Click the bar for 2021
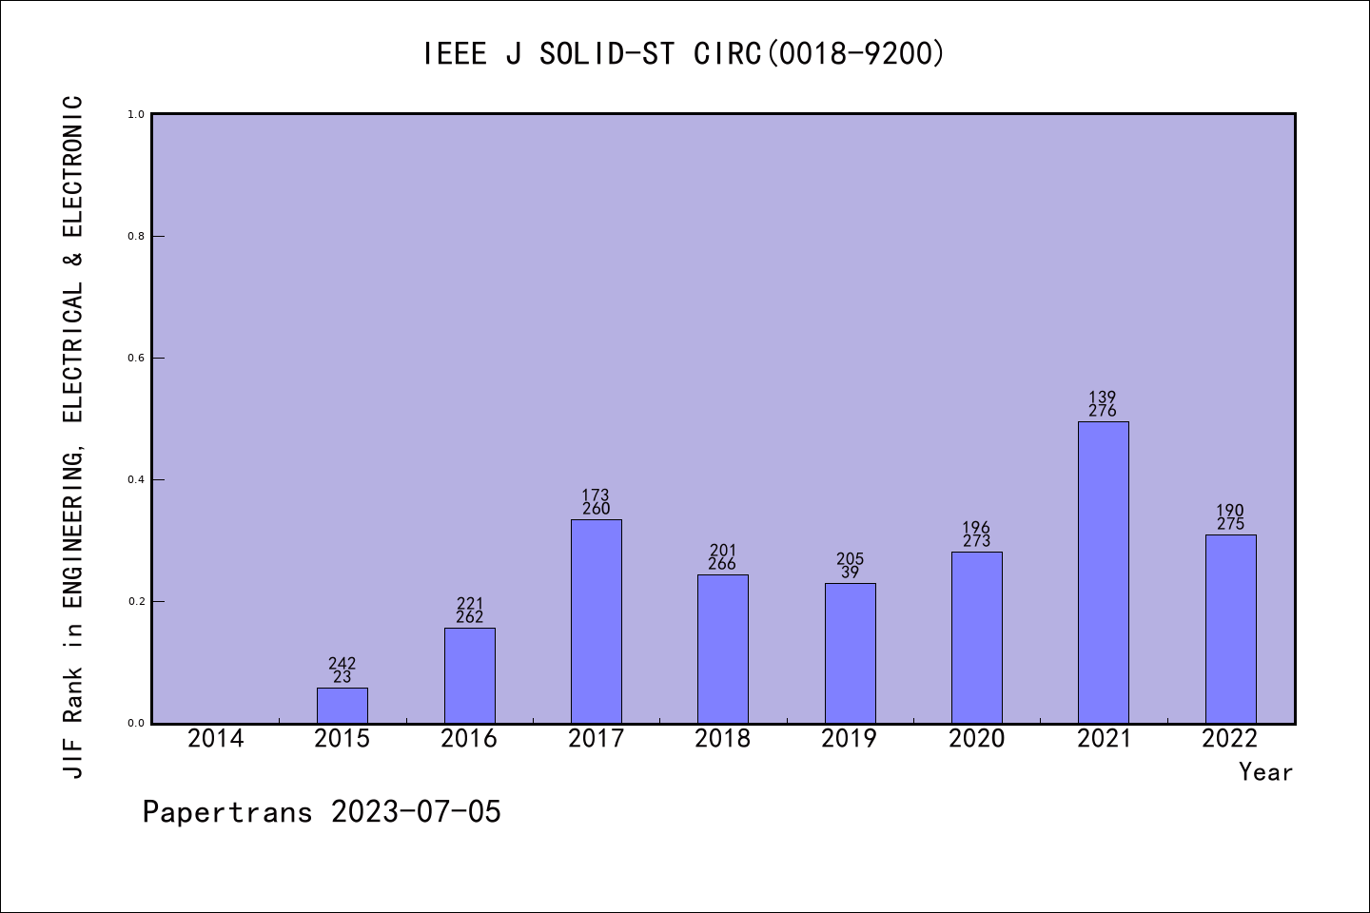(x=1103, y=572)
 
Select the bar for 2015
(x=342, y=705)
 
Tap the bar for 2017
(x=596, y=621)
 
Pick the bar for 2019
(x=850, y=652)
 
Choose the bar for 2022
(x=1230, y=629)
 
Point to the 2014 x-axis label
(x=215, y=739)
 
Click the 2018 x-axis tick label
(x=722, y=739)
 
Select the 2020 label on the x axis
(x=976, y=739)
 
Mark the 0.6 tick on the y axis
(x=136, y=359)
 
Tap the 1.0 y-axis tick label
(x=136, y=115)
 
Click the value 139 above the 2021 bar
(x=1103, y=398)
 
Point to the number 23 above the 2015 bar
(x=342, y=677)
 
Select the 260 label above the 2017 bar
(x=596, y=509)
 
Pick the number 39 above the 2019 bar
(x=850, y=573)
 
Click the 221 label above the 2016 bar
(x=469, y=604)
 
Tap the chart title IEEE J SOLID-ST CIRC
(x=684, y=54)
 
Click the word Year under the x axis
(x=1265, y=772)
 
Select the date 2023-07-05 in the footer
(x=416, y=812)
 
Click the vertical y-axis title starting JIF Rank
(x=73, y=436)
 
